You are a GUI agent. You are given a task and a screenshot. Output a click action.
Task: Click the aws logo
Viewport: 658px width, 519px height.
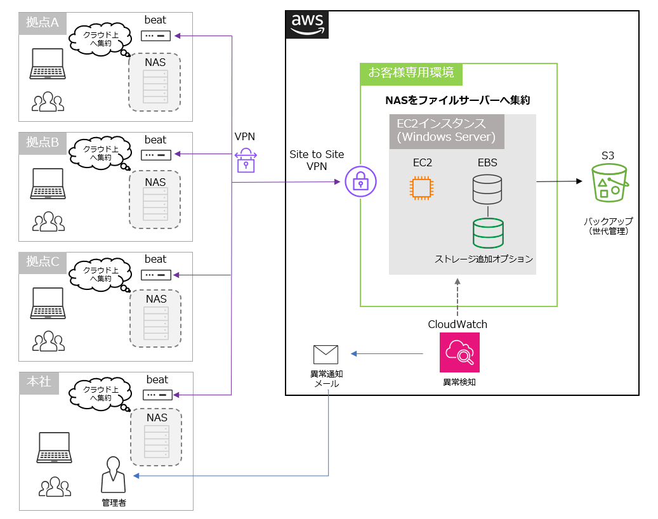307,24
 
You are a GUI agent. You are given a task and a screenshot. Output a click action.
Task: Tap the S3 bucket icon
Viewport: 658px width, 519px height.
609,183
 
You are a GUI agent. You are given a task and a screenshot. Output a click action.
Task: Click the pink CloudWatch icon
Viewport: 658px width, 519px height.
459,352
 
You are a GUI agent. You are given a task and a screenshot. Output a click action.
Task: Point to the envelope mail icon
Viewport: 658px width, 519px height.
326,355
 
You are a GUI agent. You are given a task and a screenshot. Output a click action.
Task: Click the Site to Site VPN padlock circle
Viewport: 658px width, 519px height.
360,183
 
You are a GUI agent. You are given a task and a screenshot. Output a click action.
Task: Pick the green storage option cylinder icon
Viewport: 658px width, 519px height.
488,233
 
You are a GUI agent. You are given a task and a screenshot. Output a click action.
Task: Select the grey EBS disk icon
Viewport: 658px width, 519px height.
487,190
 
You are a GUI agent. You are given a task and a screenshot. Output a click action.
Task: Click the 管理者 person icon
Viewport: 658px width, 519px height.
114,475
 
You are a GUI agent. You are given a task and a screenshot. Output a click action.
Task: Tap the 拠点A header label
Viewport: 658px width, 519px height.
43,23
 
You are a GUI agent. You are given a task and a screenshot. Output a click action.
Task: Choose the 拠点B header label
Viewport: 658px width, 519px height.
43,143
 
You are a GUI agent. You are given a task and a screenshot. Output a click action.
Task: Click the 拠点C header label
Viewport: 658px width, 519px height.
43,261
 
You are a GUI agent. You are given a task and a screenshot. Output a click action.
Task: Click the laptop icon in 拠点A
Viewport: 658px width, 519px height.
47,64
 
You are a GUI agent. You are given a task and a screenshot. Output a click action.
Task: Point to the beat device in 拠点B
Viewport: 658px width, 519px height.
155,155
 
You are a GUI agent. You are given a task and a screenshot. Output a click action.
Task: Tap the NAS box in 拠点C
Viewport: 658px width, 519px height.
155,319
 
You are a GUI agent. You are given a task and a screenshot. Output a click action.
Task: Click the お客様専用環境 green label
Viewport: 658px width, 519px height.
411,74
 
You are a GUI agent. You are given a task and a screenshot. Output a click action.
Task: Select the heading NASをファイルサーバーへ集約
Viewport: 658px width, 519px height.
457,100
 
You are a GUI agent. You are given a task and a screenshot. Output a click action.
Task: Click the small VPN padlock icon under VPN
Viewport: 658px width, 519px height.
246,161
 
